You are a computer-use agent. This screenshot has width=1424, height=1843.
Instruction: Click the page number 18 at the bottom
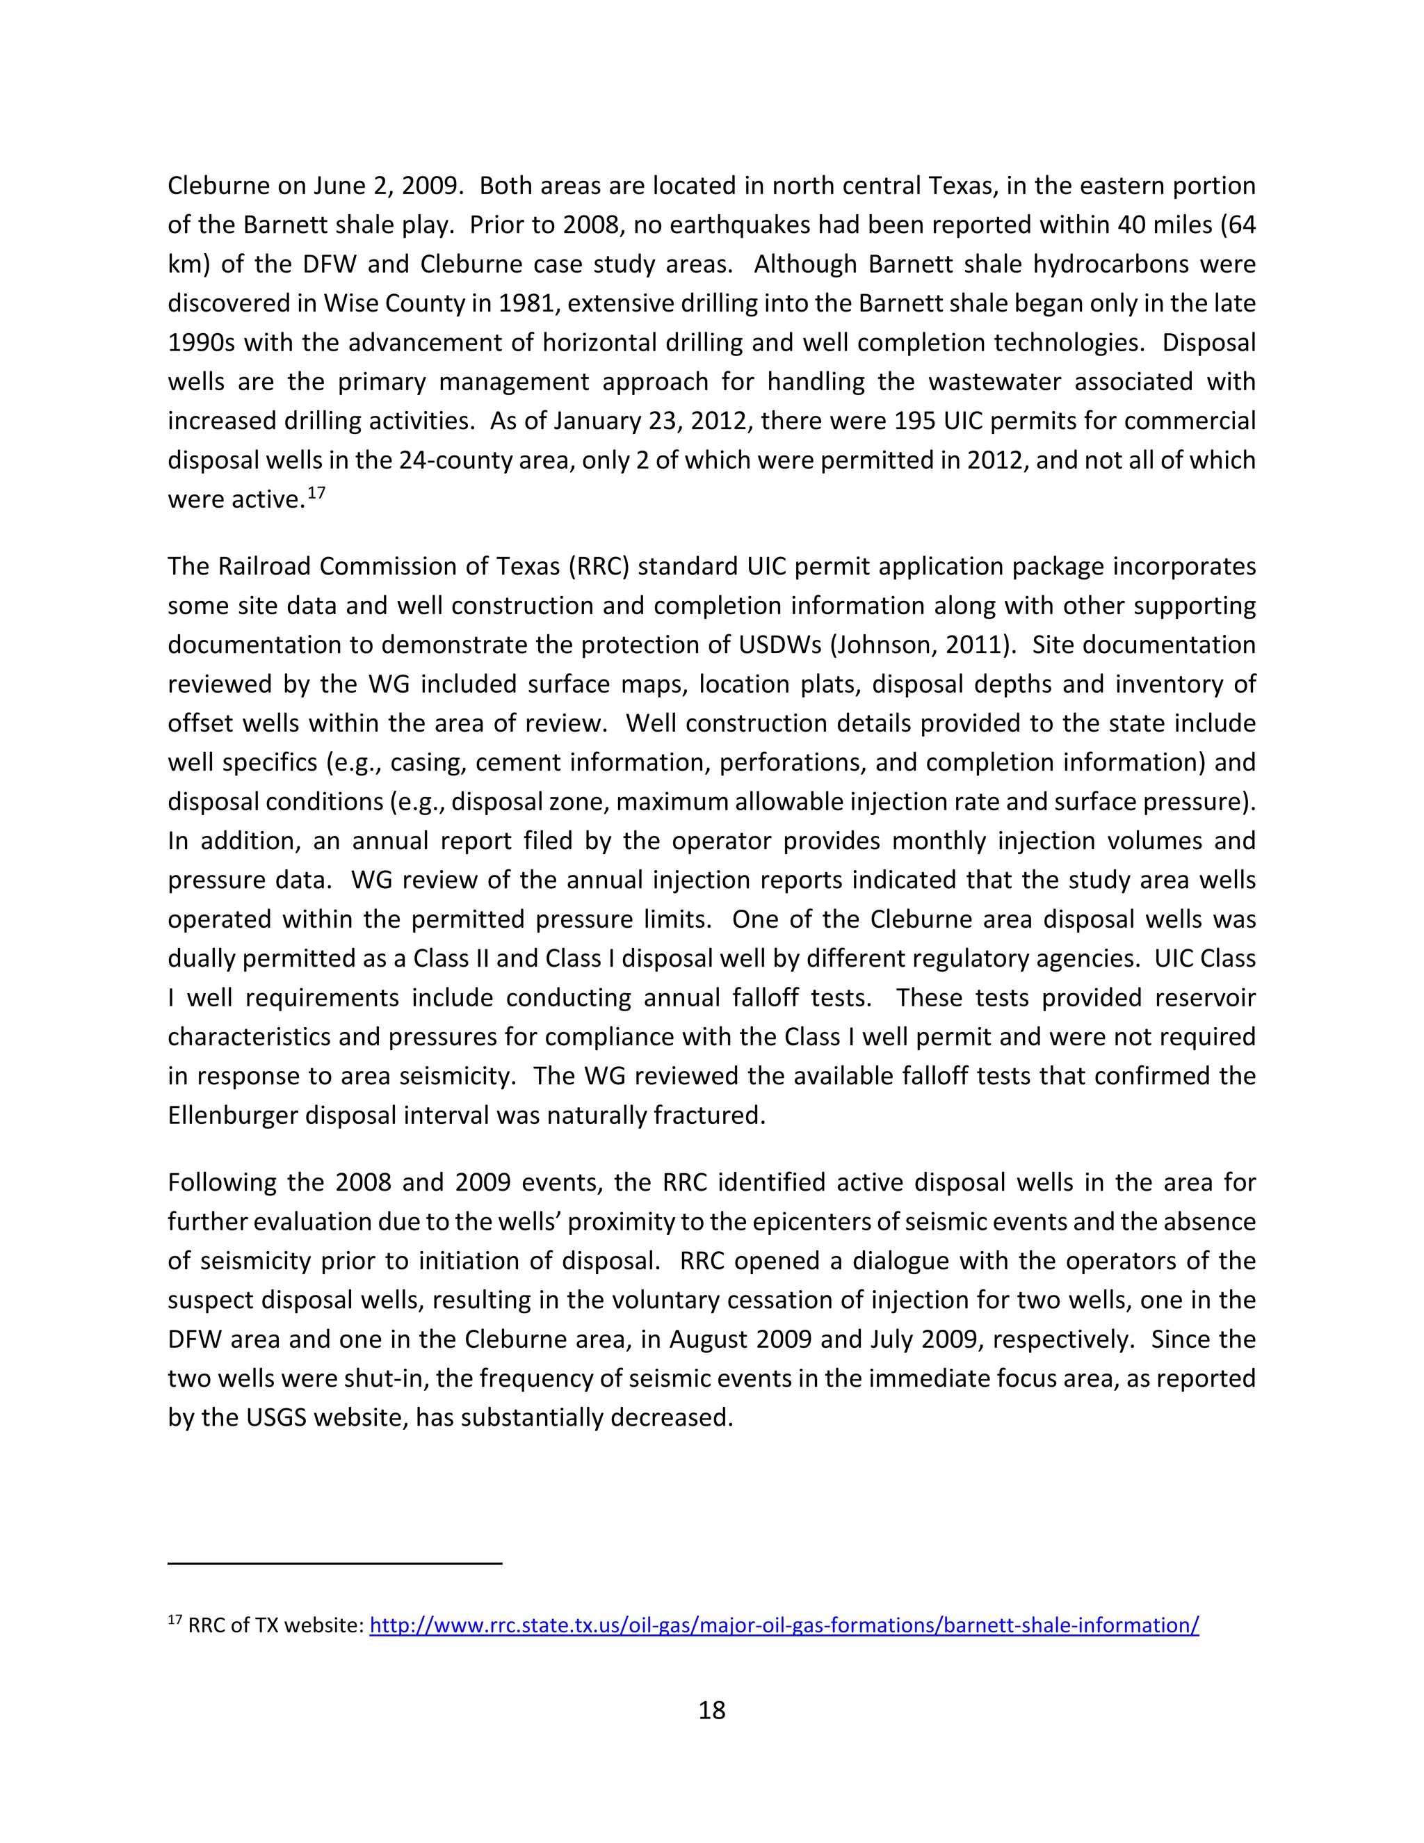point(711,1709)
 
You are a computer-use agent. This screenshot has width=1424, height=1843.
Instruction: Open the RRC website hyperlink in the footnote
point(784,1625)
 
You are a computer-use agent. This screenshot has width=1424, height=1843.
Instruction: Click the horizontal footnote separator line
point(335,1563)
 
